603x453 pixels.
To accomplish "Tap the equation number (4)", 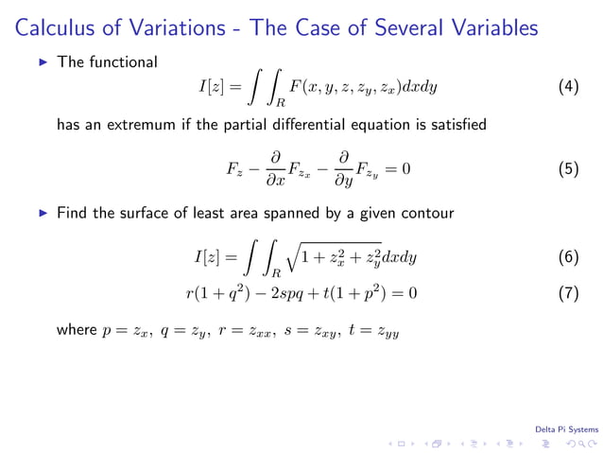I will [x=568, y=87].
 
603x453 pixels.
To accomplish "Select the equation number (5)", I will [x=568, y=169].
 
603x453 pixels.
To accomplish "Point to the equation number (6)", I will [x=568, y=256].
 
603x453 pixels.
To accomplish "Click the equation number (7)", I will [x=568, y=293].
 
